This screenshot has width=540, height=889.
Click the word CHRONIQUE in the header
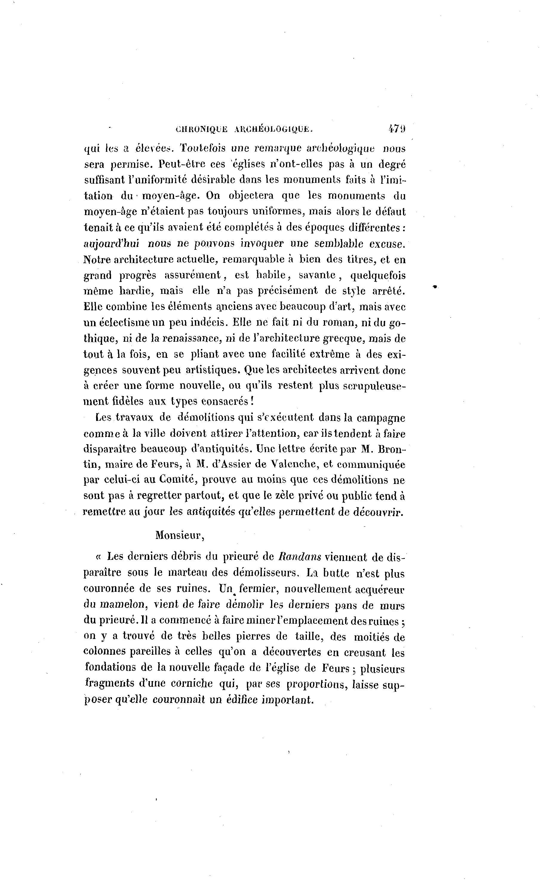coord(201,129)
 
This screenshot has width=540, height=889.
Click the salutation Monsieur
coord(179,535)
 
